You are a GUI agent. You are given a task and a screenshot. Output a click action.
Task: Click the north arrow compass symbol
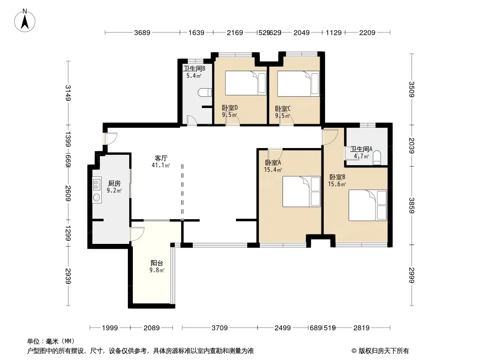(25, 21)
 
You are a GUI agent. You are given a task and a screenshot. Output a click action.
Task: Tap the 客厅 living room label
(161, 158)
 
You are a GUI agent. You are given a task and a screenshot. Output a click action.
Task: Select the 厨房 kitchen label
(114, 183)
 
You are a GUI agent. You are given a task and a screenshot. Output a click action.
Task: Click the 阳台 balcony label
(157, 263)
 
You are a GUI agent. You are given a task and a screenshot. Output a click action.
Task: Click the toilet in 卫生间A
(377, 157)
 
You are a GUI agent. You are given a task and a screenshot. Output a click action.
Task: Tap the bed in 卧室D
(246, 83)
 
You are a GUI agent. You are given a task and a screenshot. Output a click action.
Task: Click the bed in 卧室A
(302, 191)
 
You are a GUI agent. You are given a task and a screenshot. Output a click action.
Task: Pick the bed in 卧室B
(368, 205)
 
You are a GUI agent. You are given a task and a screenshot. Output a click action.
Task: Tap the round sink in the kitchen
(97, 197)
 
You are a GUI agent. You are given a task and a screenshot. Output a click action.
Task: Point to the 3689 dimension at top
(142, 32)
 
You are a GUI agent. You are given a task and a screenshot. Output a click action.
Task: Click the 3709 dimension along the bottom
(219, 328)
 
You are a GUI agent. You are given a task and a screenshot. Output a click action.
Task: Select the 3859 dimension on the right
(412, 206)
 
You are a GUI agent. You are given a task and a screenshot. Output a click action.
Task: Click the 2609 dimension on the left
(68, 193)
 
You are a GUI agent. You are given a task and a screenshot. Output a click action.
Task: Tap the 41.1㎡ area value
(161, 166)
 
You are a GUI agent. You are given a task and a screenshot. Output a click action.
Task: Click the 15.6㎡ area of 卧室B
(337, 184)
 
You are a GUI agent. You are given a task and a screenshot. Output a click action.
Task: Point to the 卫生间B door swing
(192, 120)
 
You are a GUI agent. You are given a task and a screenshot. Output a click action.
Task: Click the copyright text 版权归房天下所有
(384, 351)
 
